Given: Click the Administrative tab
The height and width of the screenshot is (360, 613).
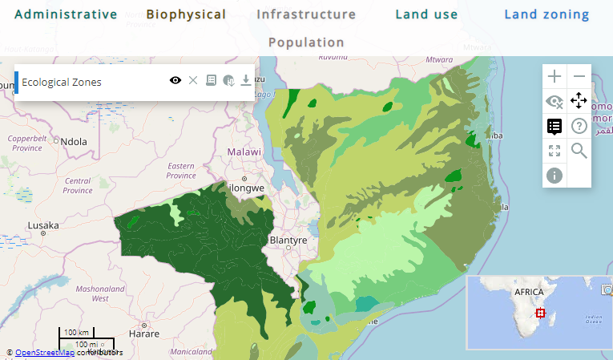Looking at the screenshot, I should [66, 14].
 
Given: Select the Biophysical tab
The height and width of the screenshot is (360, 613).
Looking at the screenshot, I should [186, 14].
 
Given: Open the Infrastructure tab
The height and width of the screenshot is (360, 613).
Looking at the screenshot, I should [306, 14].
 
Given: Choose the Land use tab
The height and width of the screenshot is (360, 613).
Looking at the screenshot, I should [426, 14].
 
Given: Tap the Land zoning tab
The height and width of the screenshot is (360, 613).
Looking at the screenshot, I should [546, 14].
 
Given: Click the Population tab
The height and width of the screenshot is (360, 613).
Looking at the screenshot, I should [306, 42].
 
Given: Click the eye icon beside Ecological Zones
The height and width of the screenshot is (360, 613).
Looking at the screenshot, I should [175, 81].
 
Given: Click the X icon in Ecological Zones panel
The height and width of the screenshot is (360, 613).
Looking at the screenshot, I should [193, 81].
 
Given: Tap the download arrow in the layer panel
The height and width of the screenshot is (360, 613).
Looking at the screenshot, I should [246, 81].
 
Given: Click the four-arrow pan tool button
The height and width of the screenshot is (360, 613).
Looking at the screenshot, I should [579, 101].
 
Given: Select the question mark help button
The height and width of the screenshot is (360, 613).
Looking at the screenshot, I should [579, 126].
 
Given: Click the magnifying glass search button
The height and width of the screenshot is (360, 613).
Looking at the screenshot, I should [579, 150].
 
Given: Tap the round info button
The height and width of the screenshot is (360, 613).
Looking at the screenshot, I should [555, 175].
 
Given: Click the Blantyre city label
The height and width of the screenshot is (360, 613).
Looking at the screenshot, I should [288, 240].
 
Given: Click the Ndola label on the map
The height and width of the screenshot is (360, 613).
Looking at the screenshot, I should [74, 142].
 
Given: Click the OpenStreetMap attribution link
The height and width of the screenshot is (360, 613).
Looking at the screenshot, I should [45, 352].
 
